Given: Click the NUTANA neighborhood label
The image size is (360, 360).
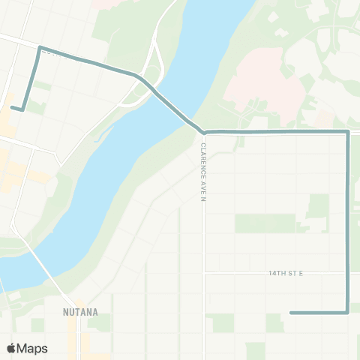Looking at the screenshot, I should [81, 310].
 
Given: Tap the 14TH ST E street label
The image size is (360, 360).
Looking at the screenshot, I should [285, 273].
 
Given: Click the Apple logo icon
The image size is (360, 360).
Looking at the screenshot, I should [12, 348].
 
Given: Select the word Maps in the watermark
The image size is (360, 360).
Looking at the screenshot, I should [34, 348].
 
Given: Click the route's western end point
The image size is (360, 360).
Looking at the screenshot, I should [12, 107].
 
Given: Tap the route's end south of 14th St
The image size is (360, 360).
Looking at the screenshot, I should [291, 313].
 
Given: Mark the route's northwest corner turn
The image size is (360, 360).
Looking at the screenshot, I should [40, 48].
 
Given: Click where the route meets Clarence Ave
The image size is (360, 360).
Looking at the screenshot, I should [203, 133].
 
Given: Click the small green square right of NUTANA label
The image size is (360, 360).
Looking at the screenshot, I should [103, 322].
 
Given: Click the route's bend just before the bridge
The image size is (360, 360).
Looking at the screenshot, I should [139, 76].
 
